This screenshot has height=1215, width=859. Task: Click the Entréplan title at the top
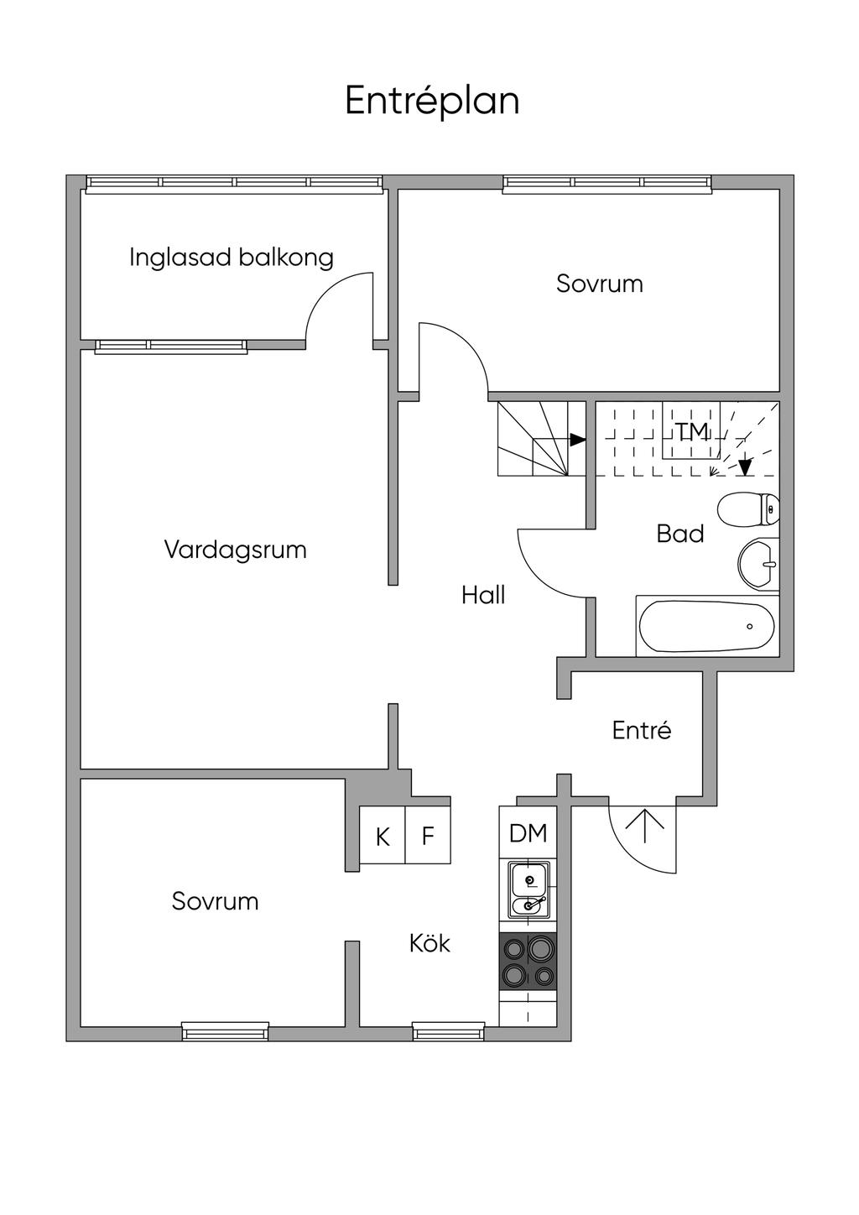pos(432,101)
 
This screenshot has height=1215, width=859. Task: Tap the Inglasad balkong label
pos(231,257)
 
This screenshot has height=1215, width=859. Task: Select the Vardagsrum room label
pos(235,550)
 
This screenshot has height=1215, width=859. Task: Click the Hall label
pos(483,595)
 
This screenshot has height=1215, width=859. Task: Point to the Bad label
pos(679,534)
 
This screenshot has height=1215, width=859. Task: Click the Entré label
pos(642,730)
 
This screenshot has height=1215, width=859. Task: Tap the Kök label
pos(429,943)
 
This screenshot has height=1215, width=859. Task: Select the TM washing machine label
pos(692,431)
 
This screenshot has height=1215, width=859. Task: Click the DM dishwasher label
pos(528,833)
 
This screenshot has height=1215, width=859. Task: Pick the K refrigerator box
pos(383,836)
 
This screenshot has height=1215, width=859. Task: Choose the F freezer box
pos(428,836)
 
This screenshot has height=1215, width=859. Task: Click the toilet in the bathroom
pos(748,508)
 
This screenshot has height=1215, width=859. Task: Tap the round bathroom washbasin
pos(758,563)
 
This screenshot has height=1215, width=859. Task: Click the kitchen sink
pos(528,889)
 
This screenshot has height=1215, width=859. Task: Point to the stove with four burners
pos(528,962)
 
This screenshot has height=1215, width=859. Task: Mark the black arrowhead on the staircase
pos(577,439)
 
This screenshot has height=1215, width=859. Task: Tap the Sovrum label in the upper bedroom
pos(599,284)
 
